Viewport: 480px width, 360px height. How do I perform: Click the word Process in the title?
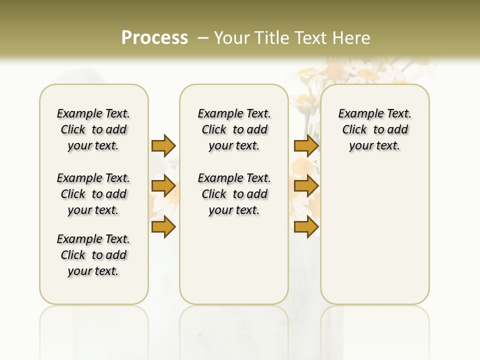[x=154, y=38]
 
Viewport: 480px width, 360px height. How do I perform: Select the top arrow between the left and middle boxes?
[x=163, y=145]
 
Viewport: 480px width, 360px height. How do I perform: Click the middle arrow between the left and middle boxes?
[x=163, y=186]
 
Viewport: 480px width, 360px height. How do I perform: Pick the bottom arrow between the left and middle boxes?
[x=163, y=227]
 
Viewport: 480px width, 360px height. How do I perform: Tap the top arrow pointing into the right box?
[x=306, y=145]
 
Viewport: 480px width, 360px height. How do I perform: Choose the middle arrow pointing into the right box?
[x=306, y=186]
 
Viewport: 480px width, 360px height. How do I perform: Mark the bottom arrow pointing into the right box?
[x=306, y=227]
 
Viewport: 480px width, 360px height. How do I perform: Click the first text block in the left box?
[x=93, y=129]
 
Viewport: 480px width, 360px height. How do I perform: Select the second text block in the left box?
[x=93, y=194]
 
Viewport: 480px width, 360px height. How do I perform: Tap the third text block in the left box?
[x=93, y=255]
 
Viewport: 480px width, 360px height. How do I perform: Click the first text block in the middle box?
[x=234, y=129]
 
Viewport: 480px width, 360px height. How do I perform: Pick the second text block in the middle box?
[x=234, y=194]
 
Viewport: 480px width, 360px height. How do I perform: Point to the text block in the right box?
[x=375, y=129]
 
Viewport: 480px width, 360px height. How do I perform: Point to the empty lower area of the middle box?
[x=234, y=260]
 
